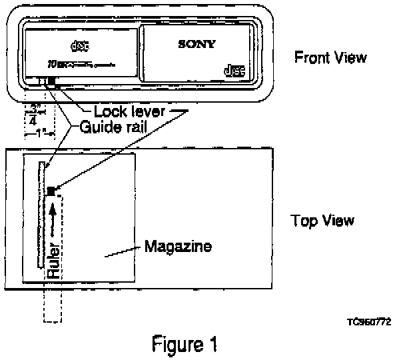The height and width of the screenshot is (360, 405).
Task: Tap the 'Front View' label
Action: [330, 57]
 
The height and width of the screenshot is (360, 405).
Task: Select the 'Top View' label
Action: [322, 219]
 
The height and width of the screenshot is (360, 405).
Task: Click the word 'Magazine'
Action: [178, 247]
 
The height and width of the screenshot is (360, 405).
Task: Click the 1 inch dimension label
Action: [40, 133]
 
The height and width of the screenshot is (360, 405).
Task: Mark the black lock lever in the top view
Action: [51, 191]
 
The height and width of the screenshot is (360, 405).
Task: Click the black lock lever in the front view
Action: [53, 82]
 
